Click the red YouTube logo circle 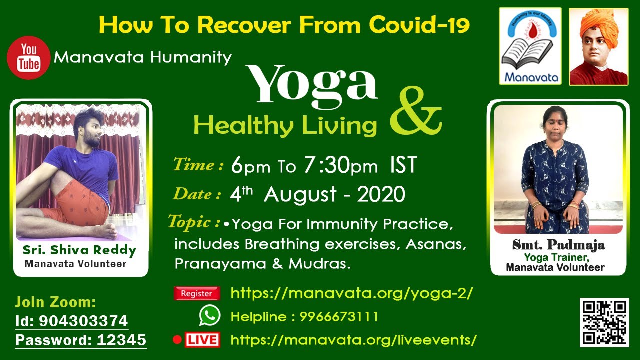(28, 58)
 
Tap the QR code (604, 323)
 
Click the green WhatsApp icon (210, 315)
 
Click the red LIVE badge (202, 339)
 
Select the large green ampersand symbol (416, 111)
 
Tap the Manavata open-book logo (530, 46)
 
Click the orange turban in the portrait (599, 25)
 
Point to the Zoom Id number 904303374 (83, 321)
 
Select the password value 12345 (121, 340)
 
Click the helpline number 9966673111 (339, 317)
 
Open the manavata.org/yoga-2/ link (352, 293)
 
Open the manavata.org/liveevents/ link (353, 340)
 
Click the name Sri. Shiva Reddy (79, 250)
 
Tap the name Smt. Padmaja (558, 245)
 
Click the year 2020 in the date (381, 194)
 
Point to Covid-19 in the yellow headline (419, 25)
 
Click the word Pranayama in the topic (220, 264)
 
